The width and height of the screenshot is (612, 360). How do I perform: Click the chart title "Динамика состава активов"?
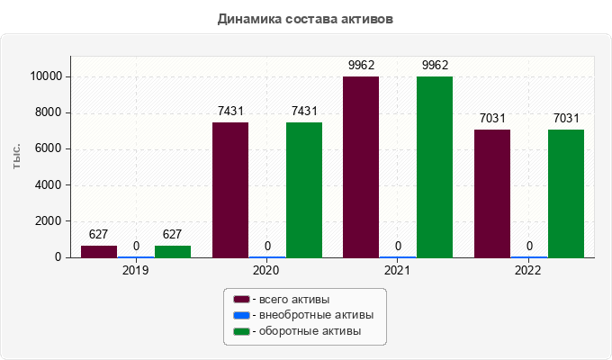305,18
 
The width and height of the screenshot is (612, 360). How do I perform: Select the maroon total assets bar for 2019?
99,251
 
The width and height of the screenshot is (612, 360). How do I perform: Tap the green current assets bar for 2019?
173,251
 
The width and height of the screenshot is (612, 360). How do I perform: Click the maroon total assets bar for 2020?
230,190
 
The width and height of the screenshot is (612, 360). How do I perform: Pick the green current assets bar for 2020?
304,190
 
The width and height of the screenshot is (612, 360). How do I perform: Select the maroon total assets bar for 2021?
361,167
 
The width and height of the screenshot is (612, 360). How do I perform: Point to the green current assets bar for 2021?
435,167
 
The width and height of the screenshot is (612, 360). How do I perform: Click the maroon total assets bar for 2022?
492,193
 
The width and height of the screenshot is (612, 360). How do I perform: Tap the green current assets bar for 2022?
566,193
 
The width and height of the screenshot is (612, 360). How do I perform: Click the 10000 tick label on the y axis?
44,76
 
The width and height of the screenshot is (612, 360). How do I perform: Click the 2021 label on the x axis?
398,270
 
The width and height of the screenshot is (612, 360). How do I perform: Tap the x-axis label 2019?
136,270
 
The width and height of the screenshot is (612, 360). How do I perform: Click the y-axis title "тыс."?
17,156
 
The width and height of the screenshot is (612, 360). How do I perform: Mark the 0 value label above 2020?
267,246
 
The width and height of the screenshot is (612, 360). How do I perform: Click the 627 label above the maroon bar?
99,234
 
